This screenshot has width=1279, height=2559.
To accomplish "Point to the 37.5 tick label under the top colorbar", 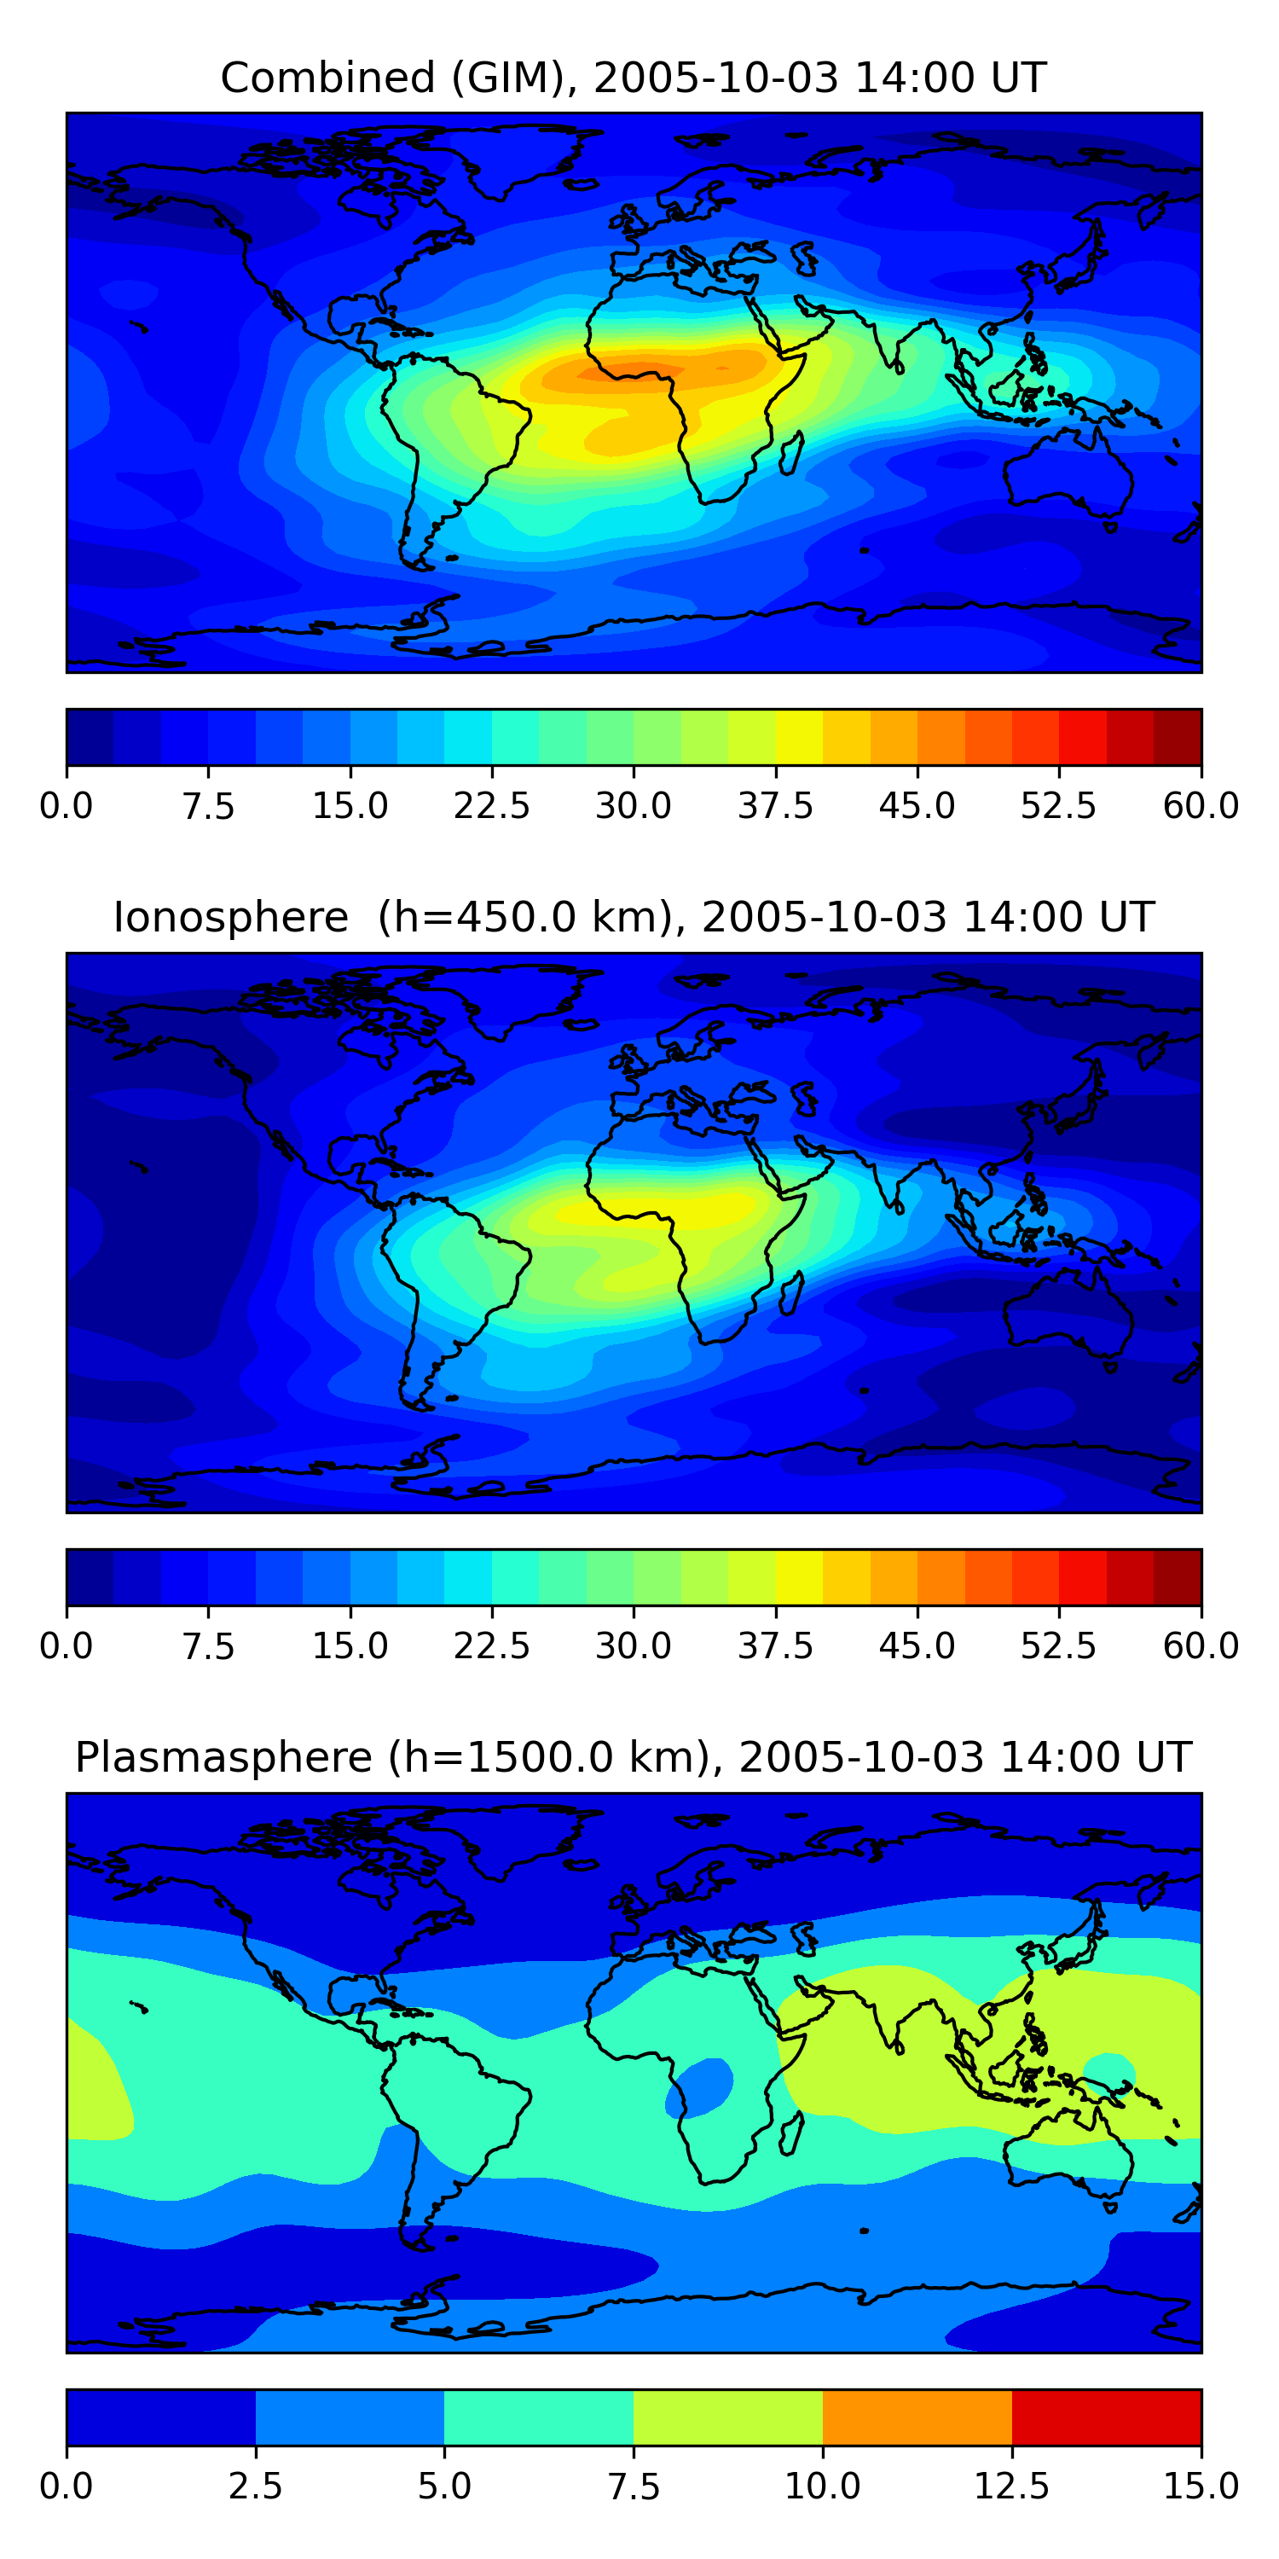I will click(x=774, y=804).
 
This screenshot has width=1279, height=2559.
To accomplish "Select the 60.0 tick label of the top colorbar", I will click(x=1201, y=804).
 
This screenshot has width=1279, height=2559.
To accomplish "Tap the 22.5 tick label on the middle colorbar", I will click(x=491, y=1645).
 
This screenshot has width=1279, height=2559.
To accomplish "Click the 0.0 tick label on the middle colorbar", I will click(x=67, y=1645).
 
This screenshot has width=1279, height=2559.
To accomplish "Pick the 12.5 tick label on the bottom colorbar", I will click(x=1011, y=2486).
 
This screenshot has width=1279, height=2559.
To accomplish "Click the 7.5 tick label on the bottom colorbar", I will click(x=634, y=2486).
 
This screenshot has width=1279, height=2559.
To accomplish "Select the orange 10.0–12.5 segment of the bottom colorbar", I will click(x=917, y=2417).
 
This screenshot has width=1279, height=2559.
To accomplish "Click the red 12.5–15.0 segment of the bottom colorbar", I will click(x=1106, y=2417).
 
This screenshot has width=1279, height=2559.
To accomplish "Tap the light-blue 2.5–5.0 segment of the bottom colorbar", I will click(x=350, y=2417).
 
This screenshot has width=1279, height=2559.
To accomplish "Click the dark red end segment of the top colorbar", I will click(x=1178, y=737).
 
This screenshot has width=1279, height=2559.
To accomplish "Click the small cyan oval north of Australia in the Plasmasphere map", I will click(x=1108, y=2071).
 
